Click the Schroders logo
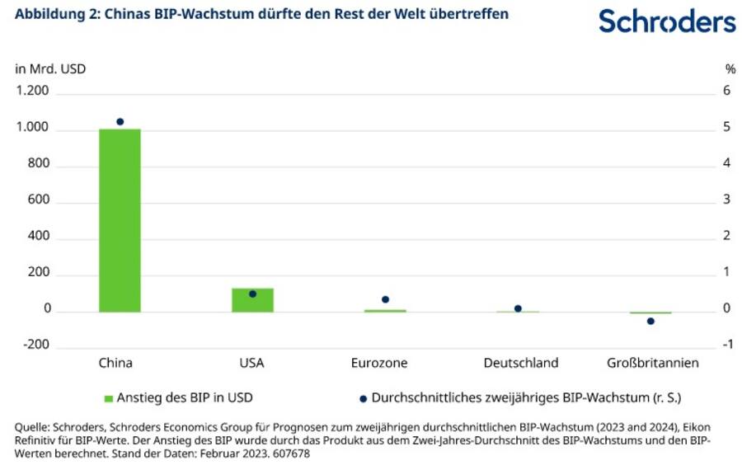click(x=667, y=21)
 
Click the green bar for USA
click(x=252, y=300)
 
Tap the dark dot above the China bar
click(x=120, y=122)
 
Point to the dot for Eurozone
click(x=385, y=299)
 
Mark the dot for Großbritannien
click(x=650, y=321)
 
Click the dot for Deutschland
click(x=518, y=308)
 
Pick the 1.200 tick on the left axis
click(x=33, y=92)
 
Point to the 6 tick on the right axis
click(x=727, y=92)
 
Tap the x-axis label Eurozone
click(x=378, y=363)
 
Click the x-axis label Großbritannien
click(x=652, y=363)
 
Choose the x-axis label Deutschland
click(x=520, y=363)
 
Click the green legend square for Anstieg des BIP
click(x=107, y=397)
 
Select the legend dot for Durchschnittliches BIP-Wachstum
click(x=364, y=398)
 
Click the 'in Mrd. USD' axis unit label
click(x=50, y=68)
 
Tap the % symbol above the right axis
click(x=730, y=68)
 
